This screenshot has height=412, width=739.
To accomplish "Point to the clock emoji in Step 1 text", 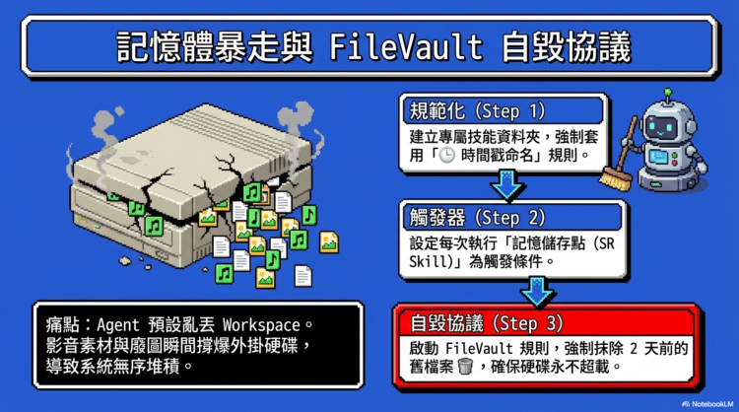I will [x=449, y=156].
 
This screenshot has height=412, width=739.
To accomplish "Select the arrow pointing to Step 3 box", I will [x=537, y=288].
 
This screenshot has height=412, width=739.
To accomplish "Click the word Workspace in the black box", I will [x=267, y=323].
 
